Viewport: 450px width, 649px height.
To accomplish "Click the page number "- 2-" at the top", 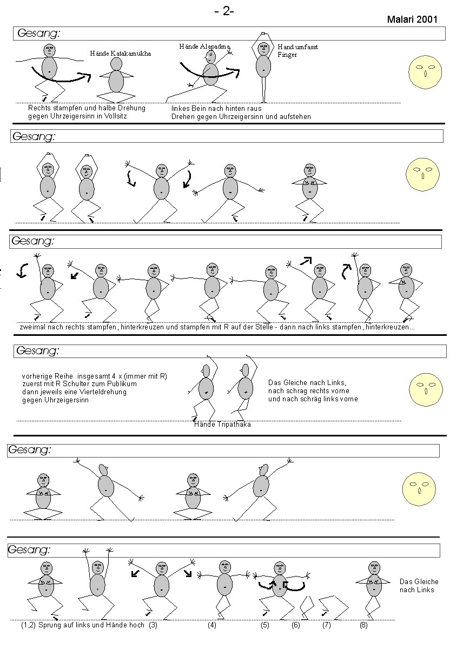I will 224,11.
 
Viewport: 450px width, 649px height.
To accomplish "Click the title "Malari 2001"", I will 412,19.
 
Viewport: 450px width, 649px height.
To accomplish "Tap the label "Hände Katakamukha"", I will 120,54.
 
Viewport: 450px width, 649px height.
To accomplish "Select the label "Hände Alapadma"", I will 201,47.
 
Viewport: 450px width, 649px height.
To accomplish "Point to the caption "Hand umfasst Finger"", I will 297,50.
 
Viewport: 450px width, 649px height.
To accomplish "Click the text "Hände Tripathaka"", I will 222,425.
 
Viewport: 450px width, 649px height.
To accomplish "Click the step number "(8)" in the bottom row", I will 364,625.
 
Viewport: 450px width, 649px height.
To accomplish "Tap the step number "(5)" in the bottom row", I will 264,625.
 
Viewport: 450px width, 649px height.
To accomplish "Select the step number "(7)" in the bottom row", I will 326,625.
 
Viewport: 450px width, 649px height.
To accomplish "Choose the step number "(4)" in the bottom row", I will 212,625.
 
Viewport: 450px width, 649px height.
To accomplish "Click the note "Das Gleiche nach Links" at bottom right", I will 416,585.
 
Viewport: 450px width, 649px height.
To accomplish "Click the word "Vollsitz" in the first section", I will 114,116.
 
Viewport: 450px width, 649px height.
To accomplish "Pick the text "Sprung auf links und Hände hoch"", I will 92,625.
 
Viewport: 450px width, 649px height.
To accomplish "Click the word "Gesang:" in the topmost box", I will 39,34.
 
